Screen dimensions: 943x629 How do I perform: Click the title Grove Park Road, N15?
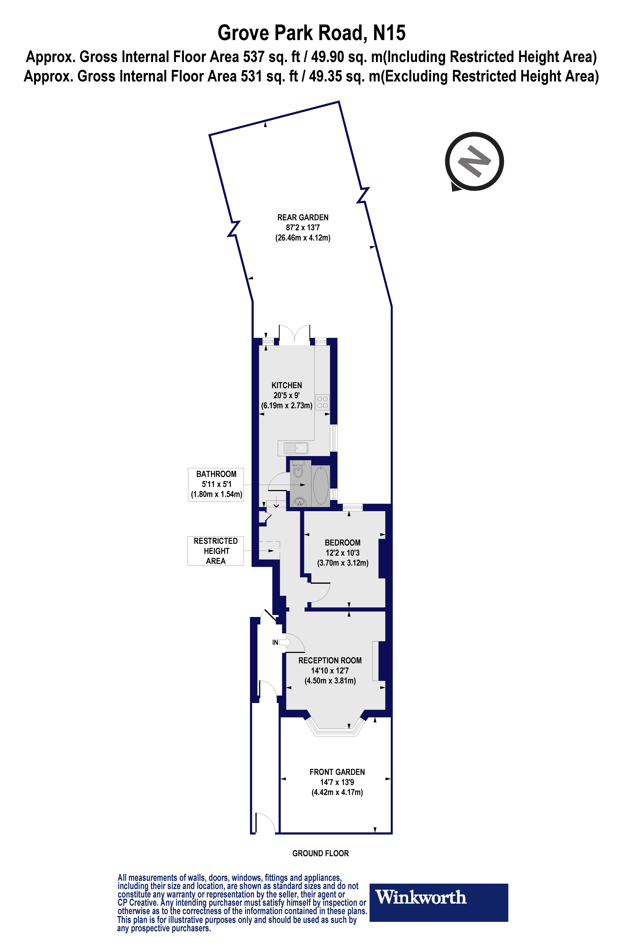311,33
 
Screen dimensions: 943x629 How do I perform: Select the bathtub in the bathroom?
321,485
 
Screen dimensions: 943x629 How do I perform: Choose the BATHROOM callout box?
216,484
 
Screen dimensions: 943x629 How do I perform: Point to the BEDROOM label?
343,542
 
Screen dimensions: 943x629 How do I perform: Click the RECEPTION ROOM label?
330,660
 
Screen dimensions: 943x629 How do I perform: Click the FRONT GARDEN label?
337,772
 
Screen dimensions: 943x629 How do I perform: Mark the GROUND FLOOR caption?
321,853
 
